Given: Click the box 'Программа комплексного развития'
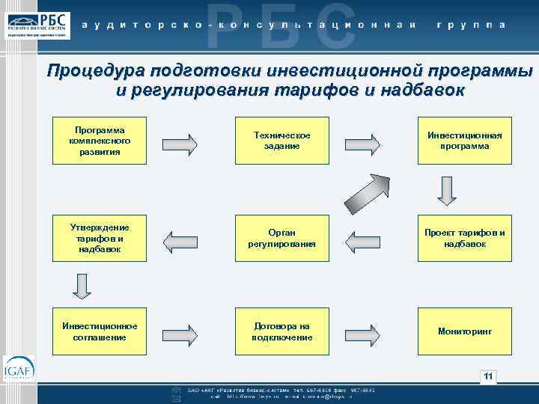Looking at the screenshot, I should (x=99, y=140).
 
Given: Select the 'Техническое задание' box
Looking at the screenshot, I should (x=281, y=140).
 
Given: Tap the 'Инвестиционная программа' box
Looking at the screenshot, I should (x=465, y=140).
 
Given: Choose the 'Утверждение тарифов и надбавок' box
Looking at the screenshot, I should (x=99, y=238).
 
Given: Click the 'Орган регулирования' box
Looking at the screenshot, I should (x=281, y=238).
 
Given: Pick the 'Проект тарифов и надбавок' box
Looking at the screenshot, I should (x=465, y=238).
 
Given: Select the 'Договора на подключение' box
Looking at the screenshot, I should (x=281, y=331).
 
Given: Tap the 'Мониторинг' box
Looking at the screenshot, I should (x=465, y=331).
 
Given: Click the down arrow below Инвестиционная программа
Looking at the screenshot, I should (x=446, y=192).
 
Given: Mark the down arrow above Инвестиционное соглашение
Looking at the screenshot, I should (x=82, y=285).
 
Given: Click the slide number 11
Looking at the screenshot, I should (x=488, y=376).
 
